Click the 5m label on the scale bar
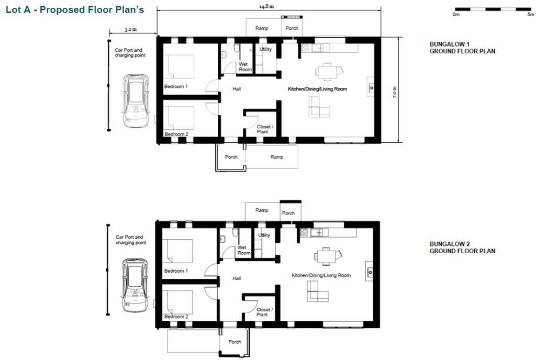[x=530, y=15]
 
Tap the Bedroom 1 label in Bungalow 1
[x=176, y=86]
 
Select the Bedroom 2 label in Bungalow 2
[x=176, y=317]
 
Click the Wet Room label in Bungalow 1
[x=245, y=67]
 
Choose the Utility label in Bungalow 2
[x=264, y=235]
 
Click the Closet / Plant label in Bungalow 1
[x=263, y=129]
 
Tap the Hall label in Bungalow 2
[x=237, y=278]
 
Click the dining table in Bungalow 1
[x=327, y=70]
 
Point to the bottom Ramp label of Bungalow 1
[x=276, y=157]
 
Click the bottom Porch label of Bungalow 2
[x=235, y=342]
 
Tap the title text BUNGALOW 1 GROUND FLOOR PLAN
[x=462, y=48]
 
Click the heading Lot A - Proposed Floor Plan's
[x=74, y=10]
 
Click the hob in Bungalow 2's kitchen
[x=304, y=232]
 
